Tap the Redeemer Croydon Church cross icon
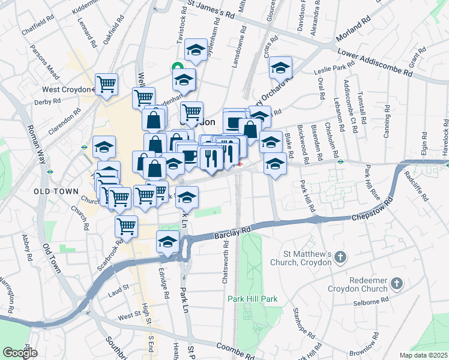397,283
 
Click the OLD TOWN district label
56,191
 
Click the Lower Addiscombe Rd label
375,62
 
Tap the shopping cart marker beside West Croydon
106,84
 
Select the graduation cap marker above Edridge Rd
167,241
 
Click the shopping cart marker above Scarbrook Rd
126,226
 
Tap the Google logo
20,353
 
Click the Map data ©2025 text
423,355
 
